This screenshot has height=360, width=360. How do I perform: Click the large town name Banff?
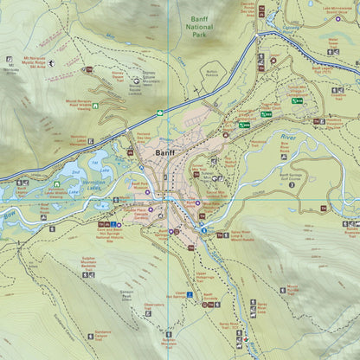[x=165, y=155]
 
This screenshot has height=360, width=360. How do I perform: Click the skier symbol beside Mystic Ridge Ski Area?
[x=51, y=63]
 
